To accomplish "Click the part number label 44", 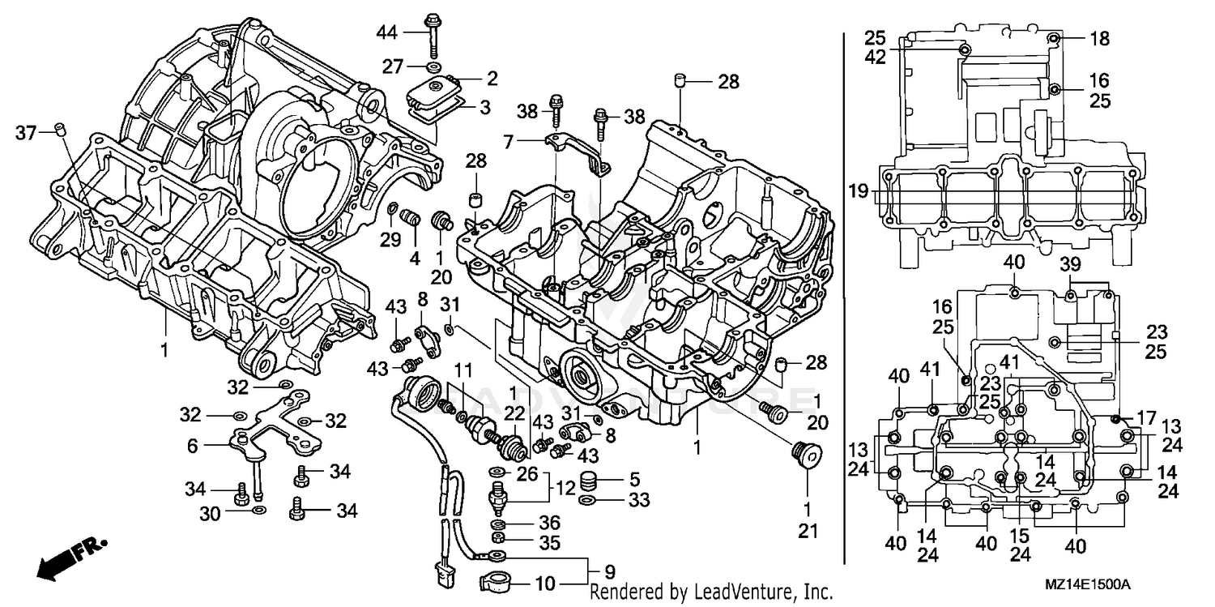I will (387, 32).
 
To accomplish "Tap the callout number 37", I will (26, 133).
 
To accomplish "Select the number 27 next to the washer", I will (393, 66).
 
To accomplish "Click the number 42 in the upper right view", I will (874, 58).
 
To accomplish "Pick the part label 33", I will (639, 501).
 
